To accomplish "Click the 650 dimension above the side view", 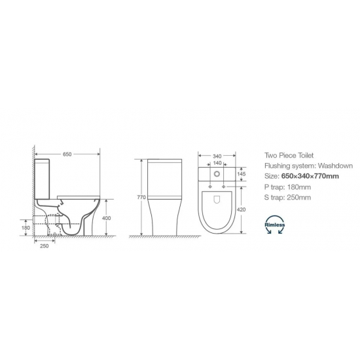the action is (x=67, y=154).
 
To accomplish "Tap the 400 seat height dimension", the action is (x=106, y=218).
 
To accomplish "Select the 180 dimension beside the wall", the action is (x=26, y=228).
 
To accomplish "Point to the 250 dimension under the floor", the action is (x=45, y=246).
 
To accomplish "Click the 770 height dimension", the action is (x=141, y=197).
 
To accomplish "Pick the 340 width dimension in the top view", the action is (x=217, y=156).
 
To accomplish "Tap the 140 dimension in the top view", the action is (x=217, y=163).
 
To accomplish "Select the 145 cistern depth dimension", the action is (x=242, y=174).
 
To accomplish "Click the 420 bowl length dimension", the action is (x=241, y=209).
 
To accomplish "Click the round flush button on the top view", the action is (x=217, y=174).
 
